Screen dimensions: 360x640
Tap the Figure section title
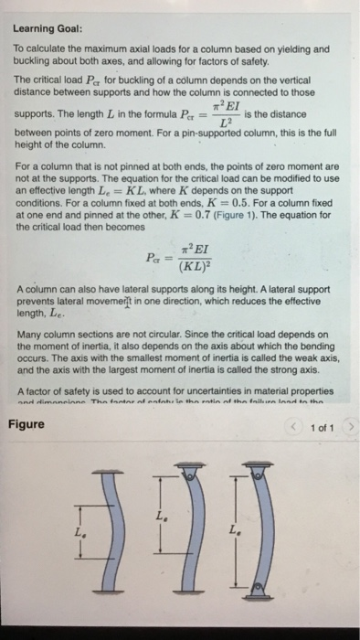tap(27, 423)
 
